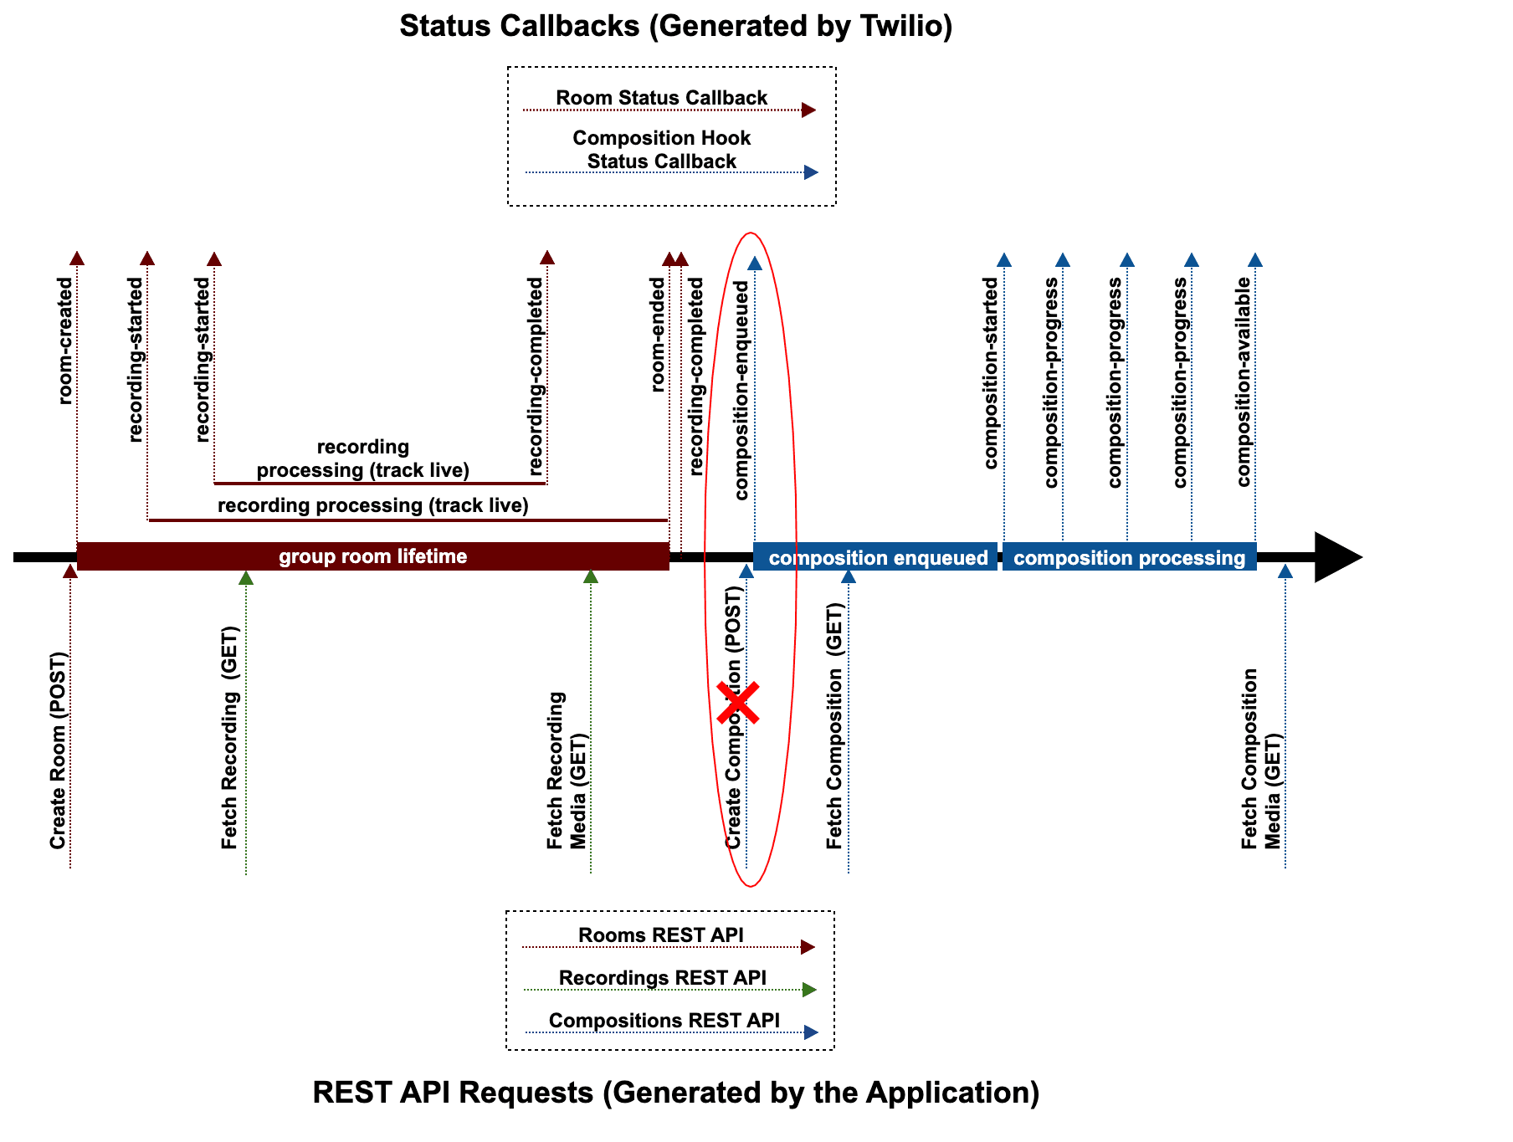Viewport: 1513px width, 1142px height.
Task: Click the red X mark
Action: pyautogui.click(x=738, y=702)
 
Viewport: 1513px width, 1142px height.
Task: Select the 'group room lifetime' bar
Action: pyautogui.click(x=373, y=556)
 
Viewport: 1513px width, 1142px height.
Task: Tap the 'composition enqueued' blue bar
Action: pyautogui.click(x=876, y=557)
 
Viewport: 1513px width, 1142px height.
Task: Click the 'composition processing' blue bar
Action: pyautogui.click(x=1129, y=557)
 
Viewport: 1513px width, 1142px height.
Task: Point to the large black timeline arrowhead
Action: pyautogui.click(x=1336, y=557)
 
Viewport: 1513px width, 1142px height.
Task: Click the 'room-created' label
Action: pyautogui.click(x=65, y=341)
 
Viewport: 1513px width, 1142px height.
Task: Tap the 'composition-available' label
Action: pyautogui.click(x=1244, y=382)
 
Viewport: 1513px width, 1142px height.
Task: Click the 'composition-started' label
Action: pyautogui.click(x=992, y=373)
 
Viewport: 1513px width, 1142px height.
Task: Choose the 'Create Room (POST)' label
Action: pyautogui.click(x=58, y=750)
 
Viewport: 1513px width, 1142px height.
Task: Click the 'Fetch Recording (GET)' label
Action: pyautogui.click(x=229, y=738)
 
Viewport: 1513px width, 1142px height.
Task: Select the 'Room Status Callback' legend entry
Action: pyautogui.click(x=661, y=98)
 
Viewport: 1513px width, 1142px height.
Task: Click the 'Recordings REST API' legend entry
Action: pyautogui.click(x=662, y=978)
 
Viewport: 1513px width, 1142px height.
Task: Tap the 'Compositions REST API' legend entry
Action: pyautogui.click(x=664, y=1021)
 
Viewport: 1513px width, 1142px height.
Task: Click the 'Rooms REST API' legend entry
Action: pyautogui.click(x=660, y=935)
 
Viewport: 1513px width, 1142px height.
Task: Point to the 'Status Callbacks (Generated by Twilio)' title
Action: pyautogui.click(x=675, y=26)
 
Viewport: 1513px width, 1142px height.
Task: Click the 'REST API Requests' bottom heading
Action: pyautogui.click(x=675, y=1093)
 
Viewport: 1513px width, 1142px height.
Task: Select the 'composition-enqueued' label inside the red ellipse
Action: pyautogui.click(x=741, y=391)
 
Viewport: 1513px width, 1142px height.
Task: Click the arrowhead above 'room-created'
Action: pyautogui.click(x=77, y=258)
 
